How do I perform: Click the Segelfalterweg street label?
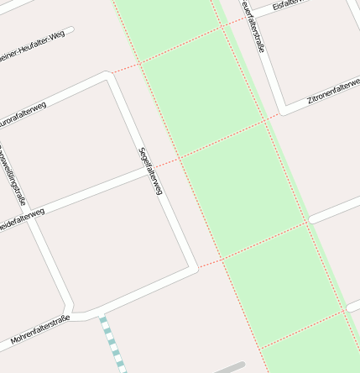149,172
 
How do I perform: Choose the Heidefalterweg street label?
21,218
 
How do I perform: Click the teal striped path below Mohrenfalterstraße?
112,344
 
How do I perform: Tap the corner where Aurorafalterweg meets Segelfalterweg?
108,76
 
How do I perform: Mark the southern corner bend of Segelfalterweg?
195,269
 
